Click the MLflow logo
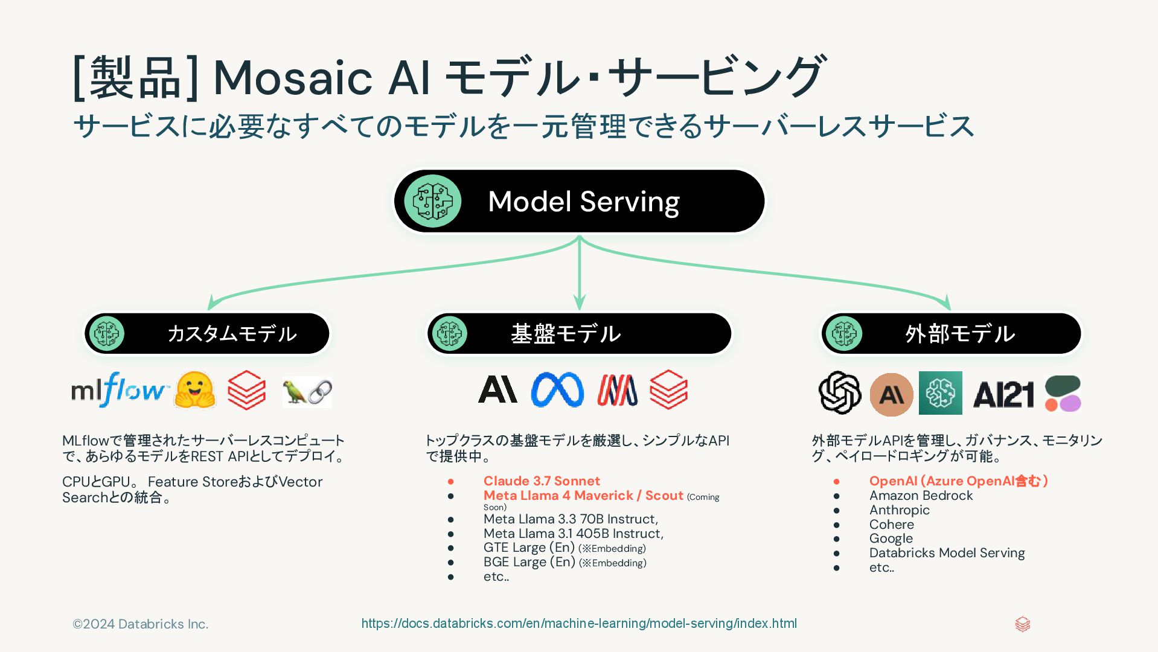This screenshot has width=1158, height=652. (118, 390)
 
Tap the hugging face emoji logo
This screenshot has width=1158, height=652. (194, 391)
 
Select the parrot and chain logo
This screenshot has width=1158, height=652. (307, 392)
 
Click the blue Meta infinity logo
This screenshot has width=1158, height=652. (557, 389)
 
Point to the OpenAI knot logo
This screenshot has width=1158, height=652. (839, 392)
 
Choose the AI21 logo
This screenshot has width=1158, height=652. (1003, 395)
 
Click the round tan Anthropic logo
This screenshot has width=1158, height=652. (891, 395)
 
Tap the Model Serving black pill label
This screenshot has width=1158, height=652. (579, 201)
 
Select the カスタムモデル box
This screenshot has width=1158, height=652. (207, 333)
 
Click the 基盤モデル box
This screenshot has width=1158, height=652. (579, 333)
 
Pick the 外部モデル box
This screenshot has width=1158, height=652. (951, 333)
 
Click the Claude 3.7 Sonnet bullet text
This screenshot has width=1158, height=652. (542, 481)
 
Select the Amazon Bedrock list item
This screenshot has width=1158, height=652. (921, 496)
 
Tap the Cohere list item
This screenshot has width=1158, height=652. (891, 525)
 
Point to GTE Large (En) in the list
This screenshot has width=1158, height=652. (529, 548)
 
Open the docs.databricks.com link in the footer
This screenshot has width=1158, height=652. (579, 624)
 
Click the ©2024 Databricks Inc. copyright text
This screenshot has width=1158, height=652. (141, 624)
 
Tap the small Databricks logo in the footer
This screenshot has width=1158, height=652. (1022, 624)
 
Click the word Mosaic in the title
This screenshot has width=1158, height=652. (293, 78)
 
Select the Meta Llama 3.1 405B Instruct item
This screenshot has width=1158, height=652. (573, 534)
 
